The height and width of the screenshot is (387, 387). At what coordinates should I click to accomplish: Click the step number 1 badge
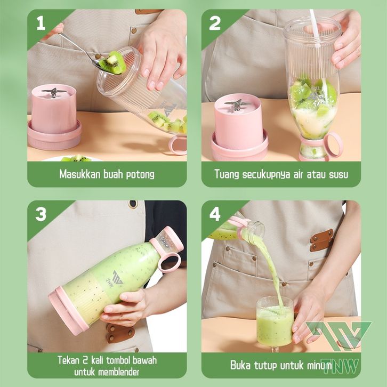point(41,23)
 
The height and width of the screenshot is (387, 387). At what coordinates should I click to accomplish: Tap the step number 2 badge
point(214,23)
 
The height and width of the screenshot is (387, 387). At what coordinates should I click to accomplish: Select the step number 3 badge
point(41,214)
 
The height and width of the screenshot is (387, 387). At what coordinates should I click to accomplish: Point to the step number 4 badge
point(215,214)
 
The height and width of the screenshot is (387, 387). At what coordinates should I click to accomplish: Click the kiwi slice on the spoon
point(113,62)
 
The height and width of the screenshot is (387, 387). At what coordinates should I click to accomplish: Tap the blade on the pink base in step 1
point(53,92)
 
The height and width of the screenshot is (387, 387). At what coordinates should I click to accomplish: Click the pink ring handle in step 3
point(170,263)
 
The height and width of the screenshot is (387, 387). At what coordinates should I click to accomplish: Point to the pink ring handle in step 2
point(334,145)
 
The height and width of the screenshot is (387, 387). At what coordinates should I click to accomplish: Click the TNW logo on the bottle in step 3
point(115,279)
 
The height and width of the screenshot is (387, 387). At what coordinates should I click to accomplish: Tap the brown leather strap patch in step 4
point(322,240)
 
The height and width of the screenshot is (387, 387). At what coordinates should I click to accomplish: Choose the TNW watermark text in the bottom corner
point(340,366)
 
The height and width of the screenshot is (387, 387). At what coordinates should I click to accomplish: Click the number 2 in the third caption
point(85,360)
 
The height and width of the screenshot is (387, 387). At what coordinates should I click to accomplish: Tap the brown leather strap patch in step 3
point(120,333)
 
